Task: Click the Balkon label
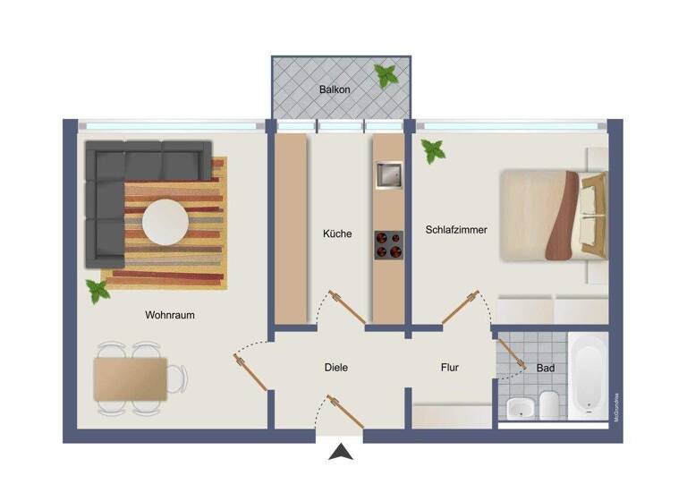(335, 90)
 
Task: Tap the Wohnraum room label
(170, 315)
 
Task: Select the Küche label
(337, 234)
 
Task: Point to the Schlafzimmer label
(456, 230)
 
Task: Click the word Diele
(335, 367)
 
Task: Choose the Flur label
(450, 367)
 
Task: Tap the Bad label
(545, 368)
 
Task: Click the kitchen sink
(389, 176)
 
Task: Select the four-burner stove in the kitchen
(389, 244)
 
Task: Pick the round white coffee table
(165, 221)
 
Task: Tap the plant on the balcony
(386, 76)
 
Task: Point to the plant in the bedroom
(434, 150)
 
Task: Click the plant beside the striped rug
(97, 290)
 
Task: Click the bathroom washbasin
(520, 409)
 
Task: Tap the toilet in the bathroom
(548, 406)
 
